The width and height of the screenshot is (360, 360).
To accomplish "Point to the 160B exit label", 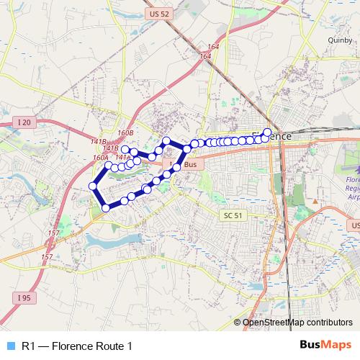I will (126, 134).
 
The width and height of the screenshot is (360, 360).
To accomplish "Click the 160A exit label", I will (100, 157).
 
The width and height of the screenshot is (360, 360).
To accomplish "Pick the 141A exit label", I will (122, 156).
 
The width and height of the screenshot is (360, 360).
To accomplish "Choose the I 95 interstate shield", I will (23, 296).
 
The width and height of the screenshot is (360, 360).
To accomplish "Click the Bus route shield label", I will (190, 165).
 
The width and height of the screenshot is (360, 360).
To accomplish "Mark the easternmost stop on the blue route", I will (267, 132).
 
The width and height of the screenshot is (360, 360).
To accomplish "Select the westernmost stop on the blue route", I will (93, 186).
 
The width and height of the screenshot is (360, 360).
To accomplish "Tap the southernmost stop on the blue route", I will (106, 207).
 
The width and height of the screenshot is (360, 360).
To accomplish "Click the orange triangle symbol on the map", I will (315, 199).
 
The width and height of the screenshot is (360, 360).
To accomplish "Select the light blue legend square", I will (9, 346).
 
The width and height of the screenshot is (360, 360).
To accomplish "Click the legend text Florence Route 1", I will (78, 346).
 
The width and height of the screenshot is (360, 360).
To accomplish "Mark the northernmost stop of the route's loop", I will (166, 140).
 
